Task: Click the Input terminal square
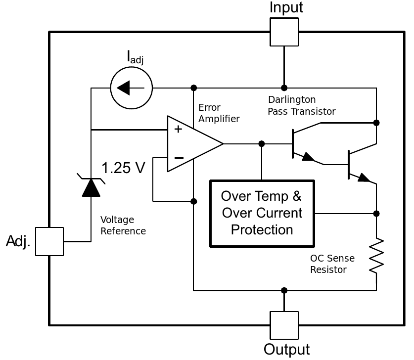tap(284, 32)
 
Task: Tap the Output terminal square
tap(284, 325)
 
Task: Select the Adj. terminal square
tap(49, 241)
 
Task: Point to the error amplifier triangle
tap(195, 144)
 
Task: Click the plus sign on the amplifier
tap(178, 129)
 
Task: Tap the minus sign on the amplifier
tap(179, 158)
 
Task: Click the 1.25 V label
tap(123, 168)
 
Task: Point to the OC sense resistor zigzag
tap(376, 256)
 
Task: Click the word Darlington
tap(292, 100)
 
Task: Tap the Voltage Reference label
tap(123, 225)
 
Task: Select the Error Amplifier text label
tap(219, 113)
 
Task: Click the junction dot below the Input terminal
tap(284, 88)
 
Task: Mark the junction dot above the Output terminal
tap(284, 291)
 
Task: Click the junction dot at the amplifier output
tap(262, 144)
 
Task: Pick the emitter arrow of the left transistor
tap(308, 157)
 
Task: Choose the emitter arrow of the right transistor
tap(364, 178)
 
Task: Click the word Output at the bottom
tap(287, 350)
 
